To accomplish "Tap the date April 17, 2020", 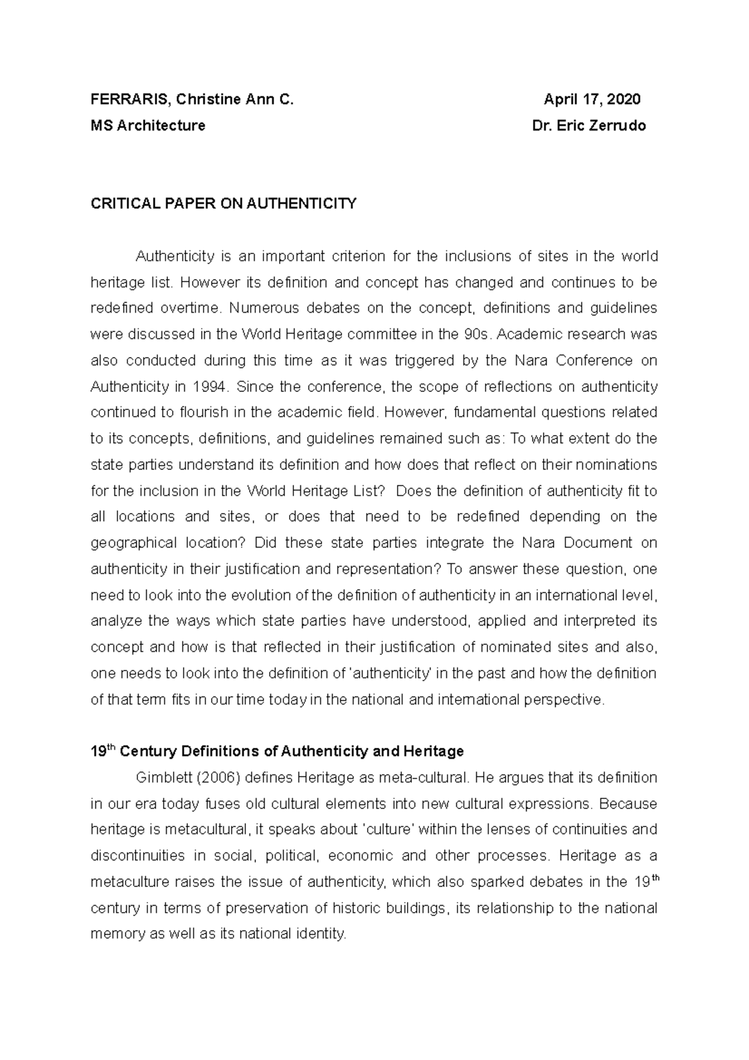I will point(592,100).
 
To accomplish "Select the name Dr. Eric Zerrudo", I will point(589,126).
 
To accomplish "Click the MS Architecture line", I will point(148,126).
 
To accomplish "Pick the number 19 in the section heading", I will point(99,751).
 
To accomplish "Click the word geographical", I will point(134,543).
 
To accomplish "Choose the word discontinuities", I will point(138,856).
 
